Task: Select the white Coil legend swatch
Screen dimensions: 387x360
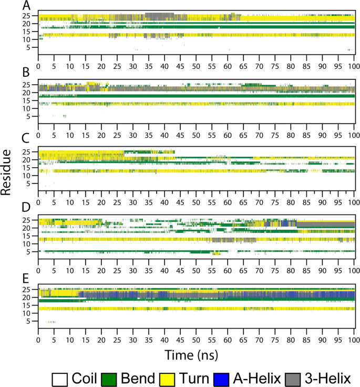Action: click(59, 378)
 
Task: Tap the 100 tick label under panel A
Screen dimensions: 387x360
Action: click(353, 67)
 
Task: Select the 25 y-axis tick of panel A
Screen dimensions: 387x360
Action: click(32, 16)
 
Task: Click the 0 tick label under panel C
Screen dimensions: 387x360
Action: click(38, 202)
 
